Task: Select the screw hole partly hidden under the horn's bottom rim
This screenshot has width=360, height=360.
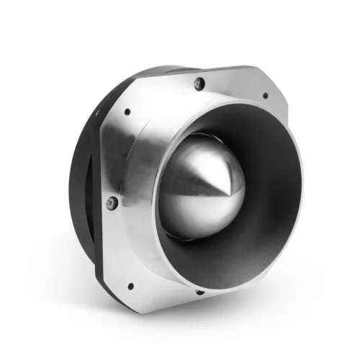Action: click(x=200, y=292)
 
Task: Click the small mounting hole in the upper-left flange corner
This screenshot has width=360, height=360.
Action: click(x=127, y=112)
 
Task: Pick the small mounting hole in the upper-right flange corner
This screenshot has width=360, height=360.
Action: click(x=265, y=95)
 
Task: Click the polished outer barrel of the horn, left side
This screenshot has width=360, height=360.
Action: click(x=148, y=187)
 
